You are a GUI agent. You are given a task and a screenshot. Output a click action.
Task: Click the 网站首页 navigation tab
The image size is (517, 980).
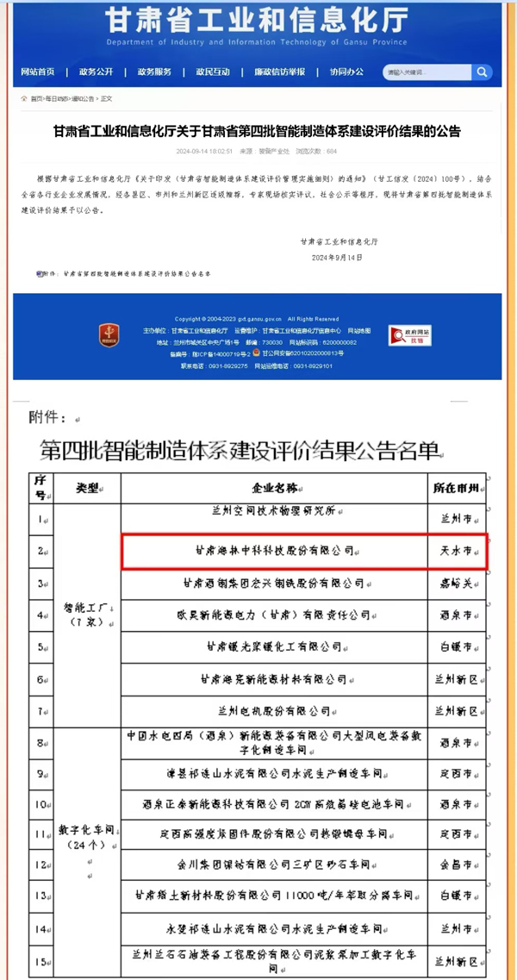pos(37,72)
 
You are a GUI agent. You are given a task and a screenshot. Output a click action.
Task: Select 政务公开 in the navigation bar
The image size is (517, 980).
pos(96,72)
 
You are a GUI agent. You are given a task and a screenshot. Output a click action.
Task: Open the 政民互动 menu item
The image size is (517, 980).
pos(213,72)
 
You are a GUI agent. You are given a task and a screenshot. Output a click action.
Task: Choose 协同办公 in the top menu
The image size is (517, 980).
pos(346,72)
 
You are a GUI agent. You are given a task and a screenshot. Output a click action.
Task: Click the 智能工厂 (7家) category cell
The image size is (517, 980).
pos(87,615)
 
